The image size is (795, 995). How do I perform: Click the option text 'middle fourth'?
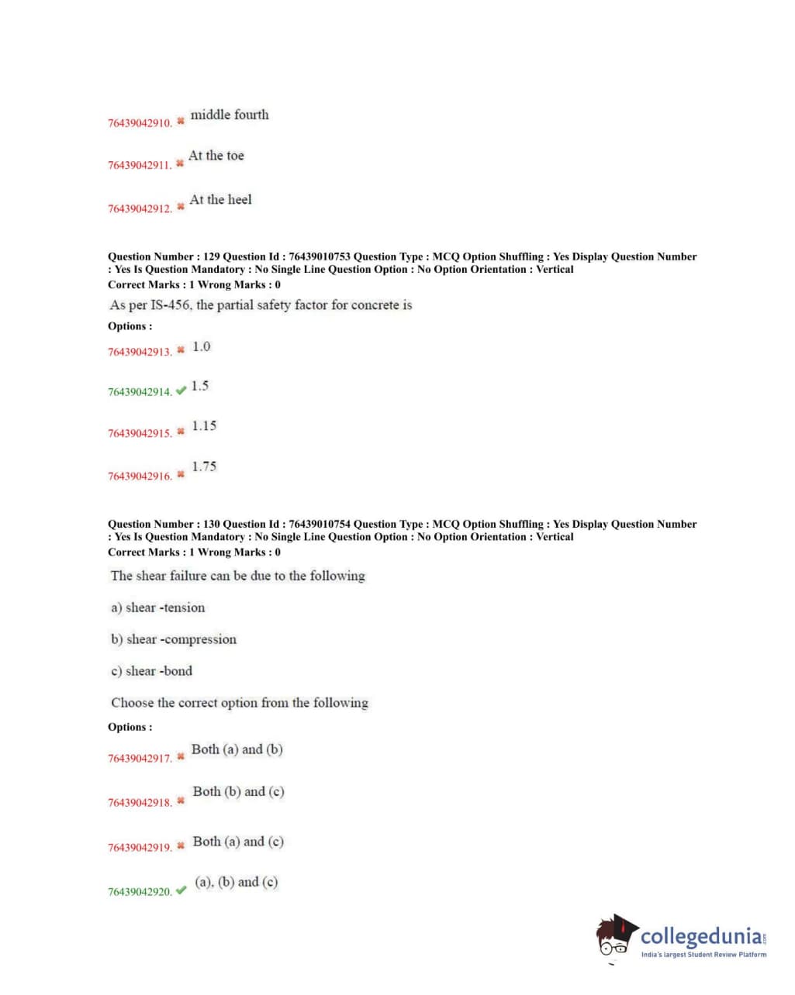[x=230, y=115]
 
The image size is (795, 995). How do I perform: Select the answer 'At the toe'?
[x=216, y=156]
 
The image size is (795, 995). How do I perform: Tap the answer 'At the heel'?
[x=220, y=200]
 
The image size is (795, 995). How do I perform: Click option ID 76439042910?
[x=140, y=123]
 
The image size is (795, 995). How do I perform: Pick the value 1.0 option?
[x=201, y=346]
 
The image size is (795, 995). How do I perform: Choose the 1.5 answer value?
[x=199, y=386]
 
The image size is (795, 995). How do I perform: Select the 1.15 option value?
[x=204, y=426]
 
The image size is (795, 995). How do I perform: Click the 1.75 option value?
[x=204, y=467]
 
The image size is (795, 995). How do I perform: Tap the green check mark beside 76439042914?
[x=181, y=391]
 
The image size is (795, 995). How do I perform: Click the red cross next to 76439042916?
[x=181, y=474]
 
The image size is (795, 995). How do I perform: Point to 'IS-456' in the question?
[x=170, y=305]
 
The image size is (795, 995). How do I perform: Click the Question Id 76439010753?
[x=319, y=256]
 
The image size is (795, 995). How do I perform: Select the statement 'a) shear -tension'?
[x=158, y=608]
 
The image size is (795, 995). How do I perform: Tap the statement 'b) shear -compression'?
[x=174, y=639]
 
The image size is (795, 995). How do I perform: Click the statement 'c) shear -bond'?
[x=152, y=671]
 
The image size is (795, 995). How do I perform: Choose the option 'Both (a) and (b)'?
[x=237, y=749]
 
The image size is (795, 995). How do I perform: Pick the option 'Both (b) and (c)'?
[x=238, y=791]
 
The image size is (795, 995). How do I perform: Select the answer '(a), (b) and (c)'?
[x=236, y=882]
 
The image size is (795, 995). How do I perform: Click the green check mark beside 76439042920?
[x=181, y=890]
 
